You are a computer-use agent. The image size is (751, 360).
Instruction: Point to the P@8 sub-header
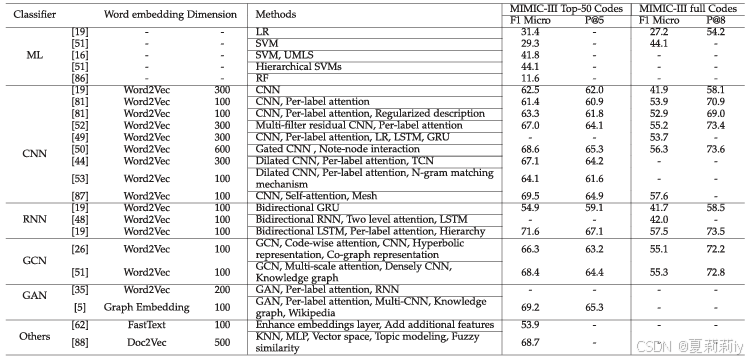[715, 20]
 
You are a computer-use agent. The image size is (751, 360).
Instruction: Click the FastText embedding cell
[150, 326]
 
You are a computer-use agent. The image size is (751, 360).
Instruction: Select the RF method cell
[262, 77]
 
